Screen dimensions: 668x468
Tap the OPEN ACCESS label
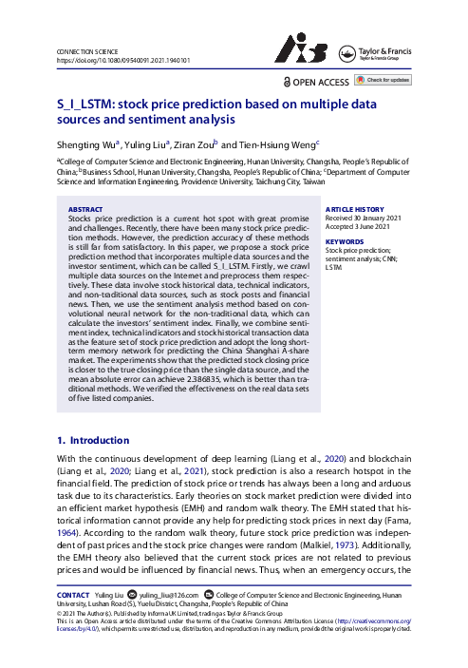(x=319, y=84)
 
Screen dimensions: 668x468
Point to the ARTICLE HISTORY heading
(x=355, y=209)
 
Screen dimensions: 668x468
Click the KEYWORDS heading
(x=344, y=242)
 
